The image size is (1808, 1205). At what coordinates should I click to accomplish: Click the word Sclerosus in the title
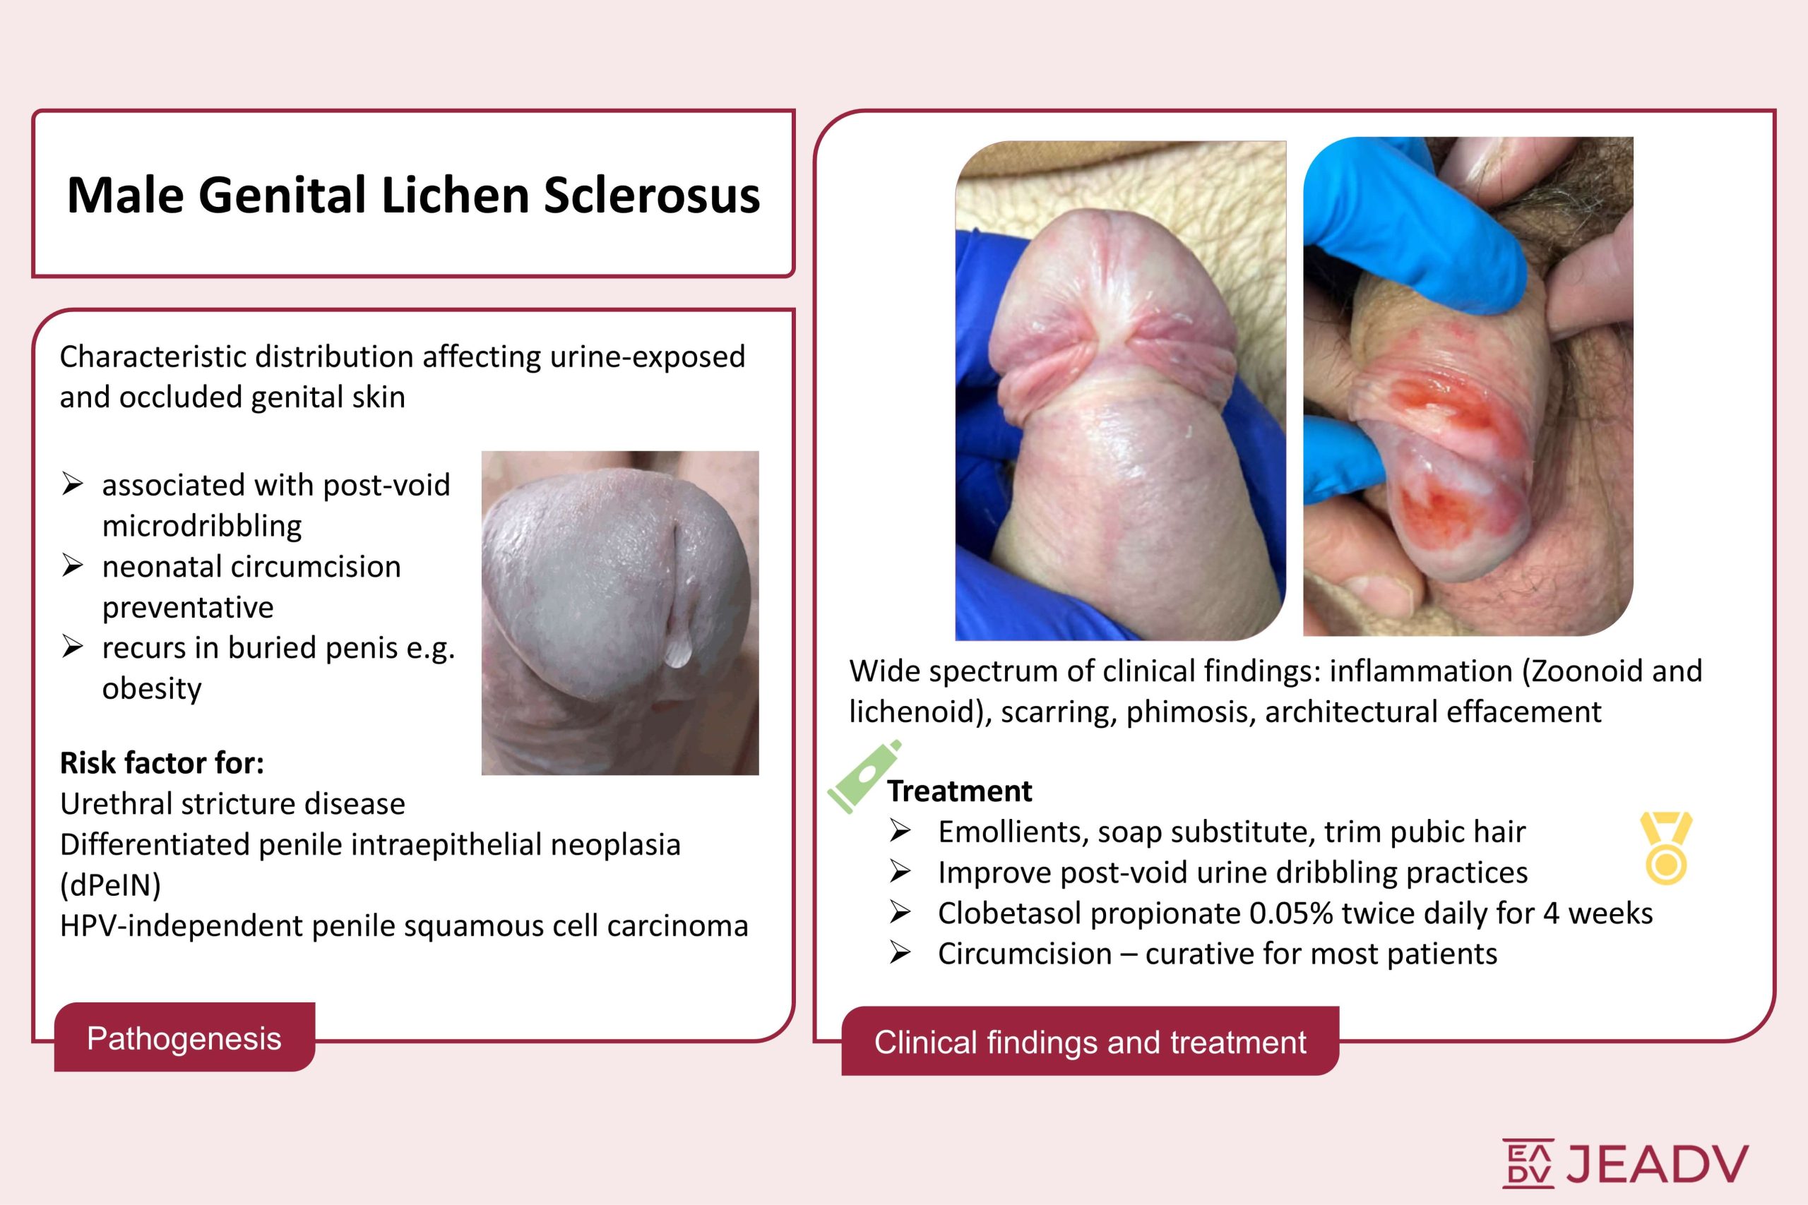point(652,196)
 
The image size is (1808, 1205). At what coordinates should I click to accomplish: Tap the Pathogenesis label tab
point(184,1038)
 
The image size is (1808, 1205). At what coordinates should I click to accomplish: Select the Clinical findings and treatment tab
point(1090,1042)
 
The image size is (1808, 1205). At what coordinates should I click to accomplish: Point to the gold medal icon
point(1666,847)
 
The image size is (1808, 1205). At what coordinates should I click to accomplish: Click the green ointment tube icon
point(863,777)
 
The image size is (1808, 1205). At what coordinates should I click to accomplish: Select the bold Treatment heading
point(959,791)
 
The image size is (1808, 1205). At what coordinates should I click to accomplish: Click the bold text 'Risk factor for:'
point(162,763)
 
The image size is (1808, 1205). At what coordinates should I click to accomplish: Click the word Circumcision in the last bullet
point(1025,954)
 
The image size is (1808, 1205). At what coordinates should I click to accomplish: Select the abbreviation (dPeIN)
point(111,885)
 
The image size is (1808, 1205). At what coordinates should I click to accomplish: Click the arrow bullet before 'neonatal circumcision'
point(72,566)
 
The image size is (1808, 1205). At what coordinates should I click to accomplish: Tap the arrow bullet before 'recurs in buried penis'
point(72,647)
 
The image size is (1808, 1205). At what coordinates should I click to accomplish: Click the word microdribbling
point(202,527)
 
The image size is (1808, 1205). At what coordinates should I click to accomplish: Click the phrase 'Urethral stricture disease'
point(233,804)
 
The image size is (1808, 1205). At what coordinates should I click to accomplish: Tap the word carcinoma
point(677,926)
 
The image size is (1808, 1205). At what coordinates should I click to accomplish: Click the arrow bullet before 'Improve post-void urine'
point(900,873)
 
